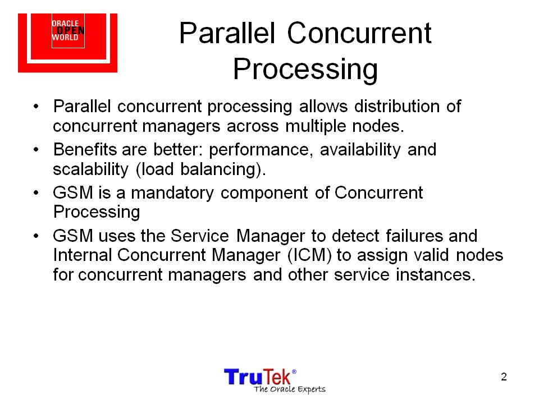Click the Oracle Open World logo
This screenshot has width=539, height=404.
tap(68, 43)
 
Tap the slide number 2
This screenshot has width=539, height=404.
tap(504, 377)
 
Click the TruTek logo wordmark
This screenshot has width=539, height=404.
tap(258, 377)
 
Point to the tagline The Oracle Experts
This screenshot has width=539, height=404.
tap(290, 389)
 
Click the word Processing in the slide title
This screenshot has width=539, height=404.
tap(305, 69)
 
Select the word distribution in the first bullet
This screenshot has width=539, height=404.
tap(397, 106)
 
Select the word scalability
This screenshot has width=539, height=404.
tap(90, 169)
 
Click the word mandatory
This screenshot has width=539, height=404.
tap(172, 192)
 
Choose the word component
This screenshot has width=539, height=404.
tap(264, 194)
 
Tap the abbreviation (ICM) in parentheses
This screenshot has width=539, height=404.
tap(310, 255)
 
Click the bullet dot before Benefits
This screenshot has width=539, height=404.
tap(36, 150)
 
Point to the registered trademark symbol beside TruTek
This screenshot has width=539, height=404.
tap(294, 371)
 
